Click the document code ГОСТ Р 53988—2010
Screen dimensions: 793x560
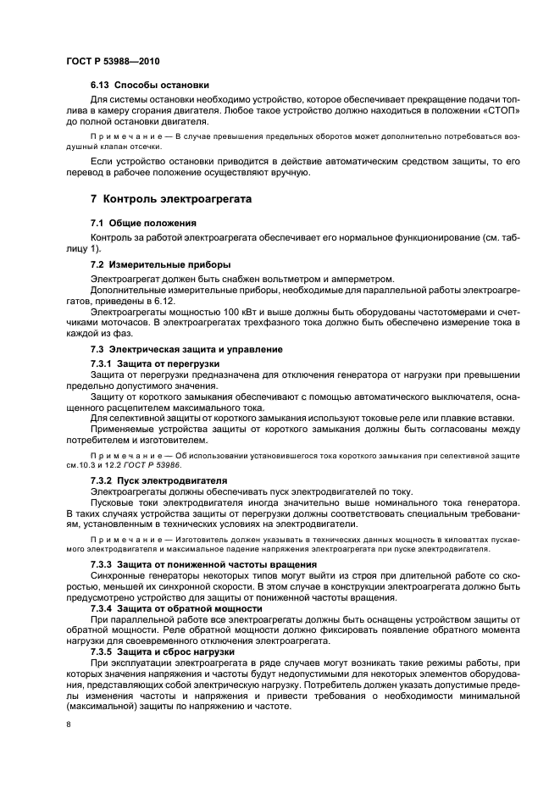coord(112,62)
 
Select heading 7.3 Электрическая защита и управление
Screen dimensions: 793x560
coord(186,349)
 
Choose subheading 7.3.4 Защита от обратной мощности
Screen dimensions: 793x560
coord(175,608)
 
